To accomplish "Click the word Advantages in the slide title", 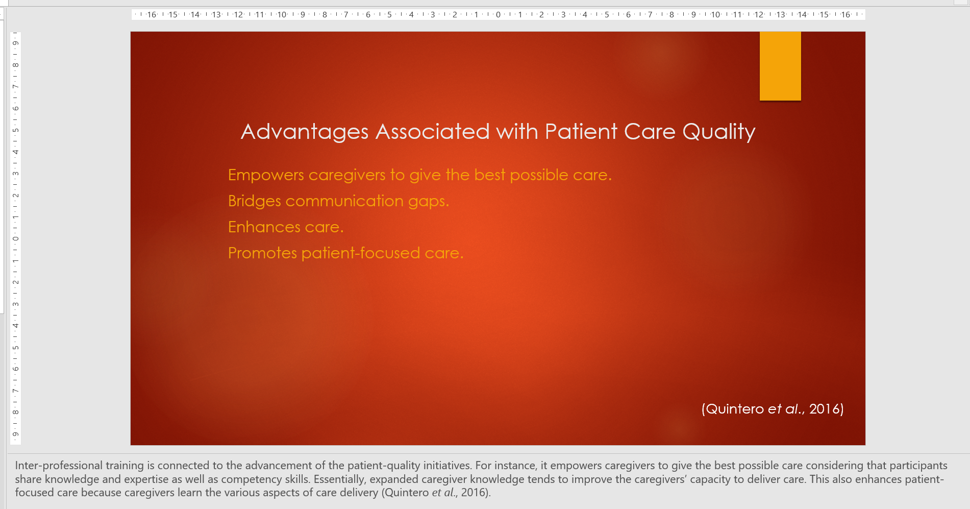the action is tap(305, 132).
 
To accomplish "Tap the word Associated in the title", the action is tap(433, 132).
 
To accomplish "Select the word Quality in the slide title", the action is tap(719, 132).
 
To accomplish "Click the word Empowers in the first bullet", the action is tap(266, 175).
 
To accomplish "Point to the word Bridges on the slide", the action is tap(255, 201).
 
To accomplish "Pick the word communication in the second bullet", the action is tap(344, 201).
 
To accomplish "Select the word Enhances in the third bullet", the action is tap(264, 227).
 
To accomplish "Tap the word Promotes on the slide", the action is tap(263, 253).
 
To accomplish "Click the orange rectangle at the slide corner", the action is tap(780, 66).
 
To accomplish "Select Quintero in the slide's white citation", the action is tap(735, 409).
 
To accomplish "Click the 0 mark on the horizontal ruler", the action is tap(499, 15).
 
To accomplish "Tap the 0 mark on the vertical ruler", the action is tap(16, 238).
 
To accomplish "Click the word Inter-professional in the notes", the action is tap(59, 466).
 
